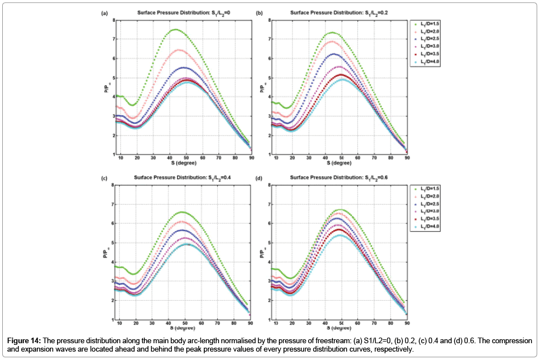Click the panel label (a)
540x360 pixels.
pos(104,12)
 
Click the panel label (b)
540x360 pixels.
pos(259,12)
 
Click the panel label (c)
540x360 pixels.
pos(104,177)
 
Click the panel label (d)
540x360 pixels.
pos(259,177)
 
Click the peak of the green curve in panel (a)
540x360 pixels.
pos(175,30)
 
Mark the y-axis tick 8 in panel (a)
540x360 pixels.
pos(114,20)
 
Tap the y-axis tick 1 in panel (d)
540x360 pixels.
pos(269,319)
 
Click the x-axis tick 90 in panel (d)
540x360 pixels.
pos(407,324)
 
